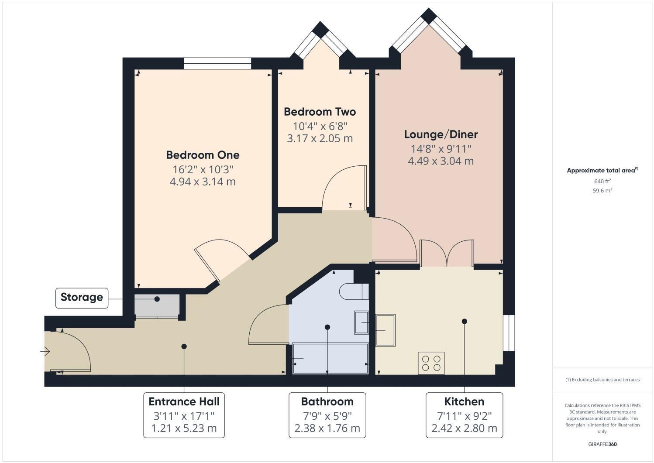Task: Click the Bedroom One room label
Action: [203, 155]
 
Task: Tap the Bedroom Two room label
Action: [320, 112]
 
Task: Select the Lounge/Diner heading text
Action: [441, 134]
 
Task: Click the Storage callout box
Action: [82, 298]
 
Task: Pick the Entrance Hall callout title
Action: [184, 401]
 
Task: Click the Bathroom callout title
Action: [327, 401]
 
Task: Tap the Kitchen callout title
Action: [464, 401]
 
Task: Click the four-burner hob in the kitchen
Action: [431, 363]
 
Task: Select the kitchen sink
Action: [386, 330]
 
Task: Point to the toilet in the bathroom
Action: [354, 292]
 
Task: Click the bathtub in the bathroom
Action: [330, 359]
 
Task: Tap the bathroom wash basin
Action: [361, 322]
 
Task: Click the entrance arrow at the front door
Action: [45, 351]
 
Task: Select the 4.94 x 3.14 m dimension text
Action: [203, 182]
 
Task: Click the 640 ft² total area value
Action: [602, 181]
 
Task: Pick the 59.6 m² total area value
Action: [602, 191]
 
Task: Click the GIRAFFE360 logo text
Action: [602, 444]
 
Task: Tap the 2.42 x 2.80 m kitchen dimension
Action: [464, 429]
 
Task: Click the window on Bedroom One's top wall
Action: [217, 64]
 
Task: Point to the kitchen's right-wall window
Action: [509, 333]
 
